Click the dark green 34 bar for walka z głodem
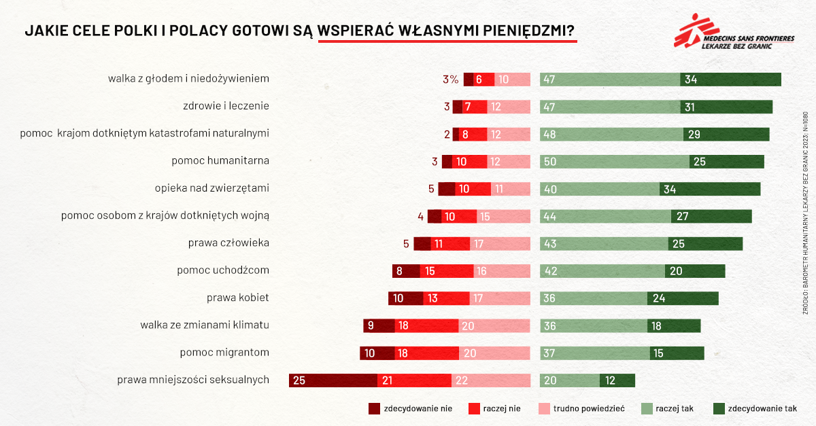click(730, 79)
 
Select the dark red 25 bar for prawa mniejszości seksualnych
click(333, 380)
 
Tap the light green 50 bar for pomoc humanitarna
click(614, 162)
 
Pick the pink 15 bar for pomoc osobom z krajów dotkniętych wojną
click(503, 217)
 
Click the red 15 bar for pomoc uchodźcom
click(446, 271)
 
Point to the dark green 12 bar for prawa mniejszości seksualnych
click(617, 380)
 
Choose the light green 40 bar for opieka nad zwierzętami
click(599, 189)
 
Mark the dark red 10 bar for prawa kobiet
click(405, 298)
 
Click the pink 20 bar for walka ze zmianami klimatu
click(494, 325)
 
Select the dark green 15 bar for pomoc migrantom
click(677, 353)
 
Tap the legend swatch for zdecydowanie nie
click(374, 408)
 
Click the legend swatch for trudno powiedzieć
click(543, 408)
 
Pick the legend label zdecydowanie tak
click(762, 408)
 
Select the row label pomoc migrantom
click(224, 353)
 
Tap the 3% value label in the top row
click(450, 79)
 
